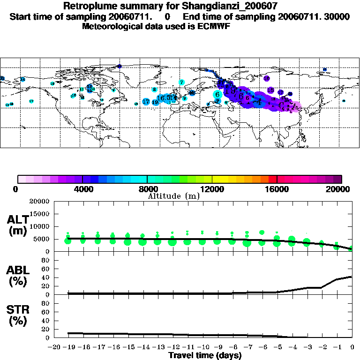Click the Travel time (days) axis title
tap(205, 356)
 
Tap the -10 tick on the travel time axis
tap(202, 347)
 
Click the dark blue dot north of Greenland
tap(120, 67)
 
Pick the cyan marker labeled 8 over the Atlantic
tap(154, 90)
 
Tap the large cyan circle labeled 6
tap(217, 94)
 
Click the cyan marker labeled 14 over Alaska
tap(22, 79)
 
